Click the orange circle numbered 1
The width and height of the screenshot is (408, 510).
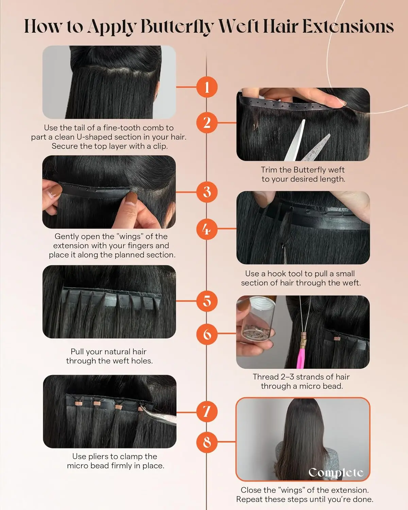click(207, 87)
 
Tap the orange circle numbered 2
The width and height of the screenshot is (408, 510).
click(207, 123)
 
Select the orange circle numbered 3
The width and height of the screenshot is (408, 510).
click(207, 192)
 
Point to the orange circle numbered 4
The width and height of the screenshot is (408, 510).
click(207, 229)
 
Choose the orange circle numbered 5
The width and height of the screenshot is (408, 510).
click(207, 301)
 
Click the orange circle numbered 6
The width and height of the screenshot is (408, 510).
click(207, 334)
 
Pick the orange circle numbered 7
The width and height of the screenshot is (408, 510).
click(207, 412)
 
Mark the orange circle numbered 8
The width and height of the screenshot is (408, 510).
click(207, 442)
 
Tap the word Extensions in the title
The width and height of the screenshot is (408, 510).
click(348, 27)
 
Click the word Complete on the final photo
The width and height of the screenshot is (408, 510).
click(336, 472)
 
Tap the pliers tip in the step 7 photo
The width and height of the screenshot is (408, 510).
click(150, 411)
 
